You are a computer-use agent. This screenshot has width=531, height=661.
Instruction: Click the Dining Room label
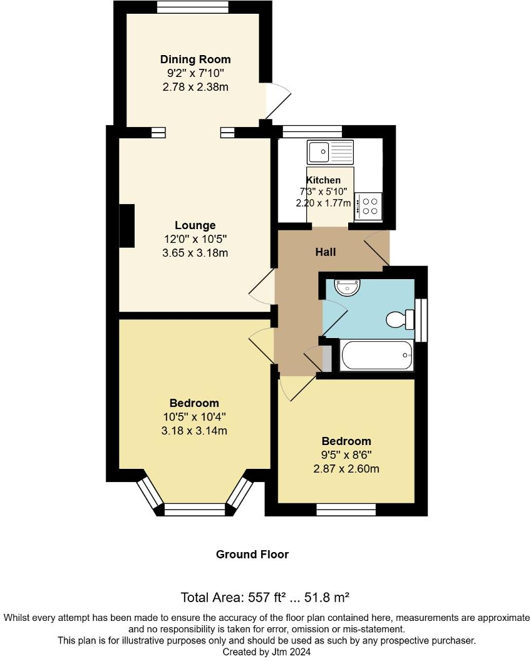(195, 59)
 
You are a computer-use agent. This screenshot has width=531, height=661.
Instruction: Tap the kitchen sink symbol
(330, 151)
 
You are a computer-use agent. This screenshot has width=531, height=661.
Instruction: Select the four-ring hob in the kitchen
(369, 207)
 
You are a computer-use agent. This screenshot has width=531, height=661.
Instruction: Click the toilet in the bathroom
(400, 319)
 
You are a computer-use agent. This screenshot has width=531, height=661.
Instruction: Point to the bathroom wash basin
(348, 287)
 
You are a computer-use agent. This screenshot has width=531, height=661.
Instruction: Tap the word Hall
(326, 252)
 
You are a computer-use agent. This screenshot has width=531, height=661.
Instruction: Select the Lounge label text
(195, 225)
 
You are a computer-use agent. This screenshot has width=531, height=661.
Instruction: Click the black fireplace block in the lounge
(127, 226)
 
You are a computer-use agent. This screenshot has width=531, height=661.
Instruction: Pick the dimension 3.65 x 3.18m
(195, 253)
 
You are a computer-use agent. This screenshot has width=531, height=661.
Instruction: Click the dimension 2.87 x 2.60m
(346, 469)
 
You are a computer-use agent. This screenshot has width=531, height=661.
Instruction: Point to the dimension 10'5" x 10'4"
(194, 417)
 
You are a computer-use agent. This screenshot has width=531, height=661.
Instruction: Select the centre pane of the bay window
(194, 510)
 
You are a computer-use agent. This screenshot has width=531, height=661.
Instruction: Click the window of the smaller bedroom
(346, 510)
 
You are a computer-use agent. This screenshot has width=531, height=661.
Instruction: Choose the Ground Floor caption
(252, 555)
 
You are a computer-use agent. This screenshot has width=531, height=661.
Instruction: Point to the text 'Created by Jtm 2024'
(266, 652)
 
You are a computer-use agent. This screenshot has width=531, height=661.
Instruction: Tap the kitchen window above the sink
(312, 131)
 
